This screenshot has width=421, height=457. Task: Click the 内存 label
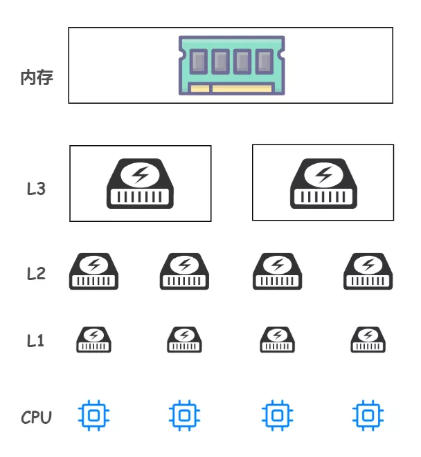point(37,77)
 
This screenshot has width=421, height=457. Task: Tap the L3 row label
point(36,188)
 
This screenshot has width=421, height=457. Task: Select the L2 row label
point(36,273)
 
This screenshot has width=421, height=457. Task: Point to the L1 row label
point(36,340)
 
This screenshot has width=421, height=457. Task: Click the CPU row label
point(36,417)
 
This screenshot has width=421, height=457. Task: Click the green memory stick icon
point(231,65)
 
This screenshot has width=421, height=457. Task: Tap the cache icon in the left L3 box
point(140,184)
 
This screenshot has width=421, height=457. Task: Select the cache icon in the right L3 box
point(323,184)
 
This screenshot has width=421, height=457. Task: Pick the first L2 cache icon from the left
point(93,272)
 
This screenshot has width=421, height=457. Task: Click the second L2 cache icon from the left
point(185,272)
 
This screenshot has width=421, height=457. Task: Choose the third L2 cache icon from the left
point(277,272)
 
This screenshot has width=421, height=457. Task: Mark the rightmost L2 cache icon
point(368,272)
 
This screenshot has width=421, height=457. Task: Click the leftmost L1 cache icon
point(93,339)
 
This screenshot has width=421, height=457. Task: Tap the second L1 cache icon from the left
point(184,339)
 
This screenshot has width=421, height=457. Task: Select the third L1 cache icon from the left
point(277,339)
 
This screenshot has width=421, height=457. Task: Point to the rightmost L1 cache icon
point(368,339)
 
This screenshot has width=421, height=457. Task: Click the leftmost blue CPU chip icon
point(93,415)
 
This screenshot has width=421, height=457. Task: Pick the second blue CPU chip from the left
point(184,415)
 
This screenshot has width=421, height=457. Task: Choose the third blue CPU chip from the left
point(277,415)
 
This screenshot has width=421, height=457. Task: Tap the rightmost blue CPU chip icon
point(368,415)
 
